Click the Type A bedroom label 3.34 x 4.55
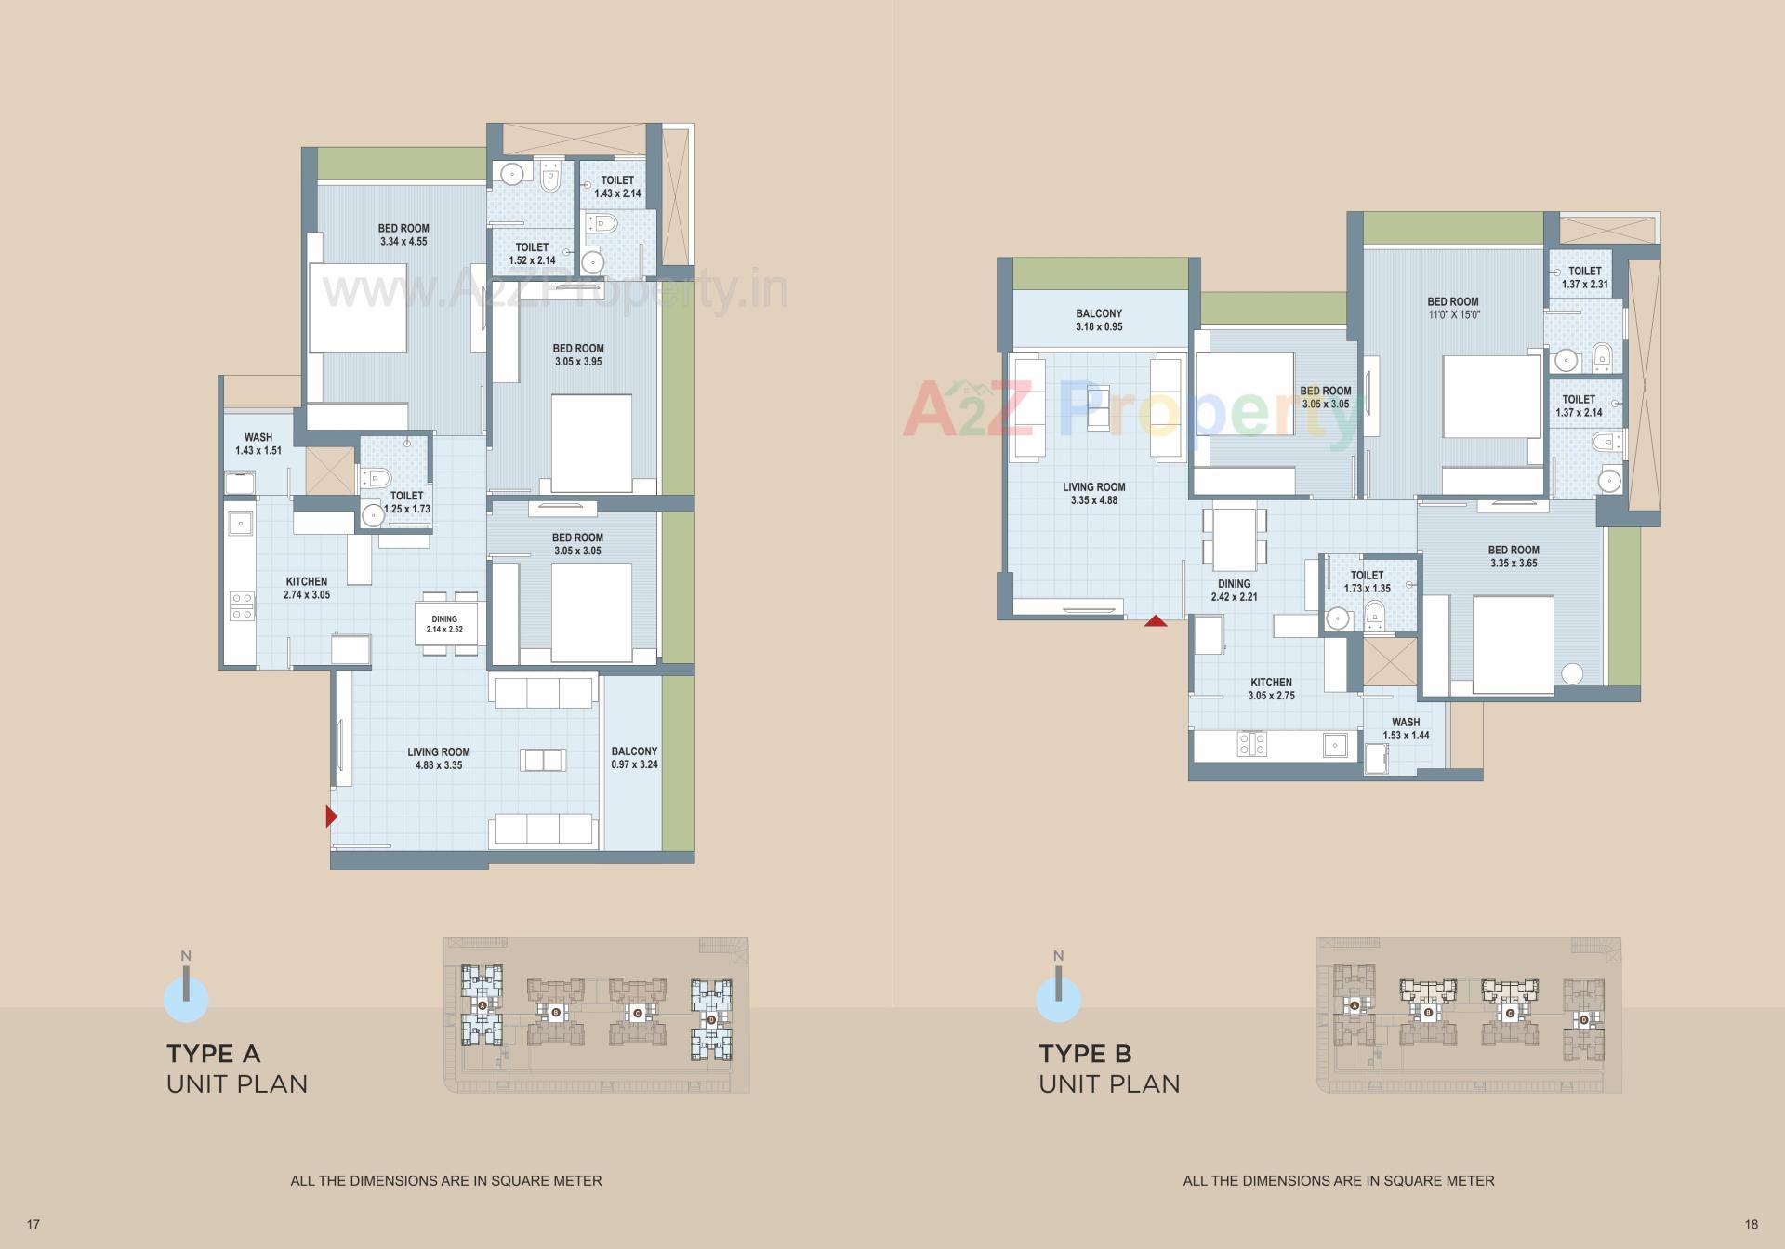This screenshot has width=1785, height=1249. click(403, 234)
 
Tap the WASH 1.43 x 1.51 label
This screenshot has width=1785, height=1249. click(258, 444)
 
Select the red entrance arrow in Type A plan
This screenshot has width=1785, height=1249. click(331, 817)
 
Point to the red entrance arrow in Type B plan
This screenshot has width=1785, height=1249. click(1156, 620)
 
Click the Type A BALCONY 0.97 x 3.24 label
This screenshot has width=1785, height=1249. click(634, 757)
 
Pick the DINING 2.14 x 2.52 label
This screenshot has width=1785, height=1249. click(444, 624)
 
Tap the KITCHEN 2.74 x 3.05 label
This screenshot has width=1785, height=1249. click(307, 588)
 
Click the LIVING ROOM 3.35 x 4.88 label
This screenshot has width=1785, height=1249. click(1094, 493)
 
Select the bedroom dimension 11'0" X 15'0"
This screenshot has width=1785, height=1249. click(1454, 314)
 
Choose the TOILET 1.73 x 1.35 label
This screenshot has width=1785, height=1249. click(1367, 581)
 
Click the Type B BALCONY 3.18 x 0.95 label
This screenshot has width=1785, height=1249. click(1099, 320)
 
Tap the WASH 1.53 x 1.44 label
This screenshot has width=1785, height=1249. click(1406, 728)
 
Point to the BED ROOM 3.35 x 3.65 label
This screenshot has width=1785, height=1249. click(1514, 556)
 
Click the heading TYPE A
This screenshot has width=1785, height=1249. click(214, 1054)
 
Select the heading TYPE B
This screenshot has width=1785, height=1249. click(1085, 1054)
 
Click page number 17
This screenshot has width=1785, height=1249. click(33, 1224)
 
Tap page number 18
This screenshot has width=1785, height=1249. click(1752, 1224)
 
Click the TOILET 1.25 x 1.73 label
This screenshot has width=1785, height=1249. click(407, 502)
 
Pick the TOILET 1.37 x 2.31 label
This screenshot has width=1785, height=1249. click(1585, 278)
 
